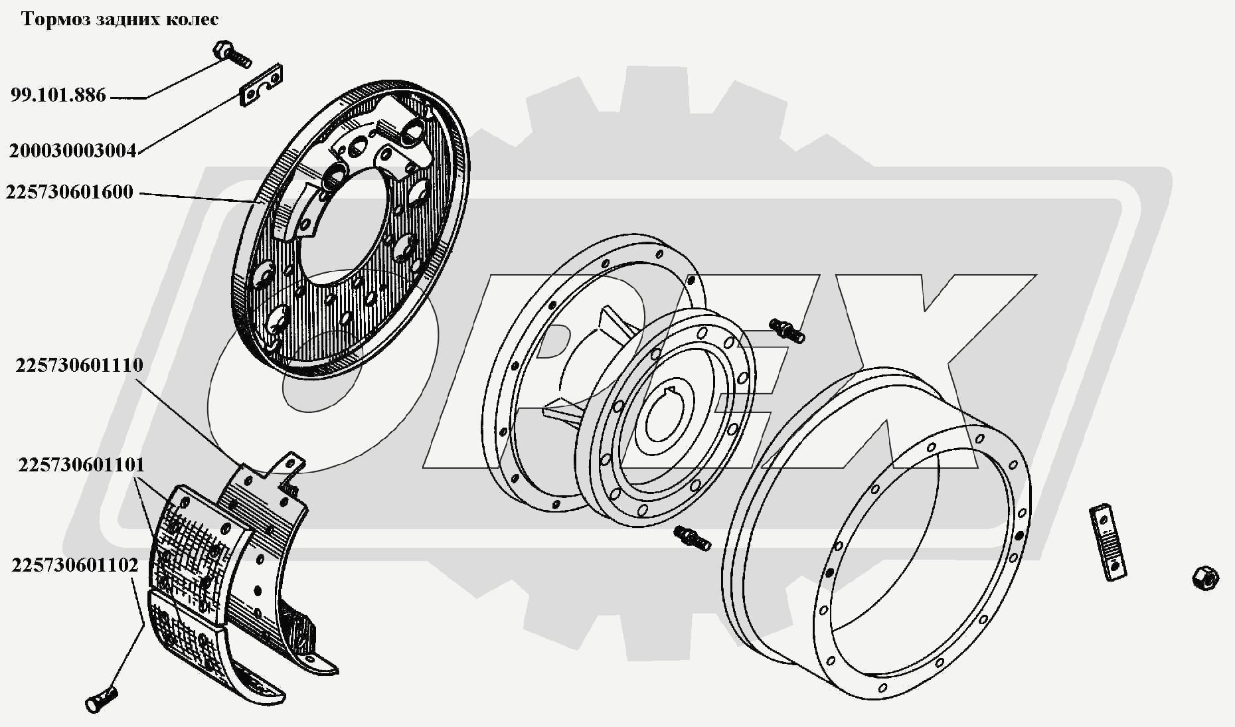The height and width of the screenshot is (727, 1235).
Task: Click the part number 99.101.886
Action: click(58, 96)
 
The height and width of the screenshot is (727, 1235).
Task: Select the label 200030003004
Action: click(72, 151)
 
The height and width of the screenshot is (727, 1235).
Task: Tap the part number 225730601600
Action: click(70, 193)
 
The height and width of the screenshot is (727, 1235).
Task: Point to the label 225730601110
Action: click(80, 365)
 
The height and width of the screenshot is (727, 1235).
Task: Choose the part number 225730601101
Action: click(81, 465)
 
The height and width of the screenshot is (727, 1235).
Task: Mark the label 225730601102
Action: click(75, 566)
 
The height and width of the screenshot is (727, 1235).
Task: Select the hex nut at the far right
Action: click(1204, 577)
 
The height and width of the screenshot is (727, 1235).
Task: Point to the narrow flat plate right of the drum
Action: click(1107, 543)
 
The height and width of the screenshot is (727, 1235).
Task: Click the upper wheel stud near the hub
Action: click(787, 329)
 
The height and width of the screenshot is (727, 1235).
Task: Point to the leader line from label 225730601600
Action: click(197, 197)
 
